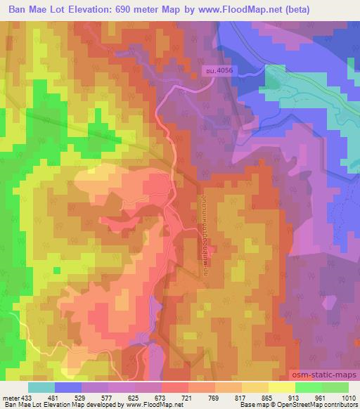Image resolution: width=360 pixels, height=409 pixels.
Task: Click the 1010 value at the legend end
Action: (348, 398)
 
